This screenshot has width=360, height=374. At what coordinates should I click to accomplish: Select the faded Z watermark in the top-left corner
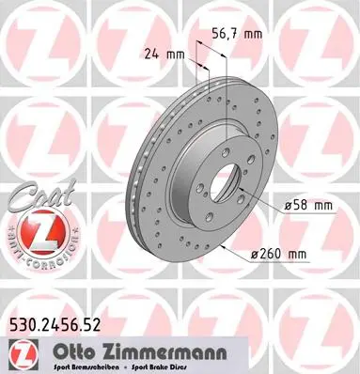pos(39,38)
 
